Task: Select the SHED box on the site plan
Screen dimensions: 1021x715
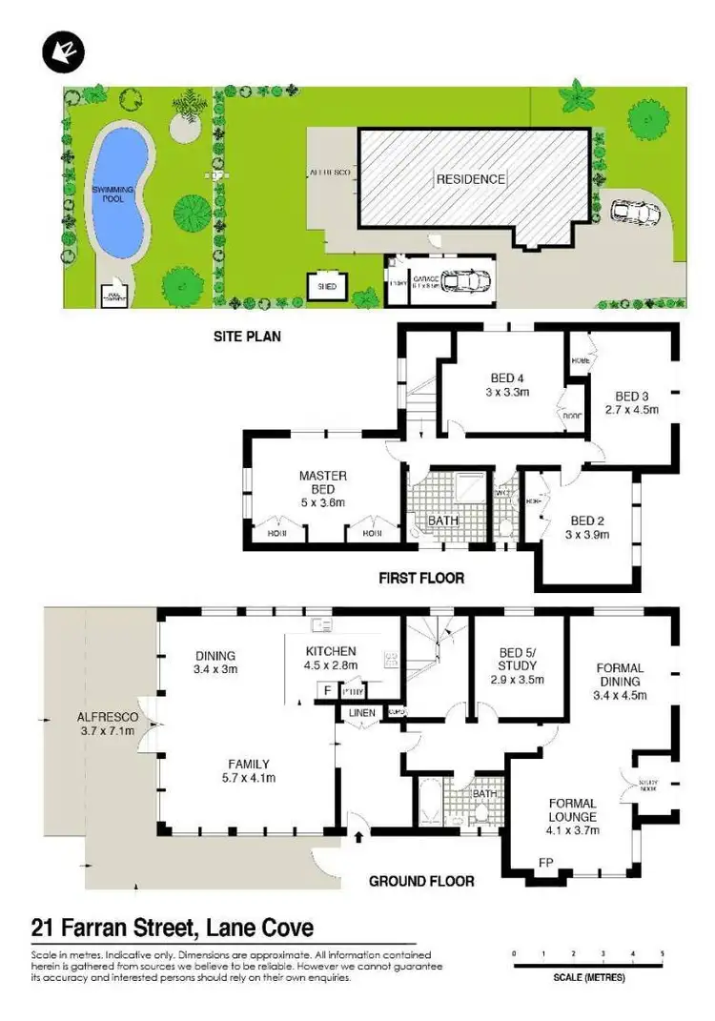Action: tap(327, 284)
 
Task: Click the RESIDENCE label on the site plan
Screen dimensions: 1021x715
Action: tap(471, 178)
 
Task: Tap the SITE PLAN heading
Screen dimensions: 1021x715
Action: tap(246, 337)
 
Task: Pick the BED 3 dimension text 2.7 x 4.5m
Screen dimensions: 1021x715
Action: tap(631, 413)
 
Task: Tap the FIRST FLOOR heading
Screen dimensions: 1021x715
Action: tap(421, 578)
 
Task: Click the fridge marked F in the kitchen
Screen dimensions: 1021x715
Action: tap(328, 688)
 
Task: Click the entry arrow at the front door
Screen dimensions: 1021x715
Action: tap(358, 837)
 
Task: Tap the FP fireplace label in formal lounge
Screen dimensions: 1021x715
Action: tap(546, 863)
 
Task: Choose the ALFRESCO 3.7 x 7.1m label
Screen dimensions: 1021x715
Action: tap(108, 724)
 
